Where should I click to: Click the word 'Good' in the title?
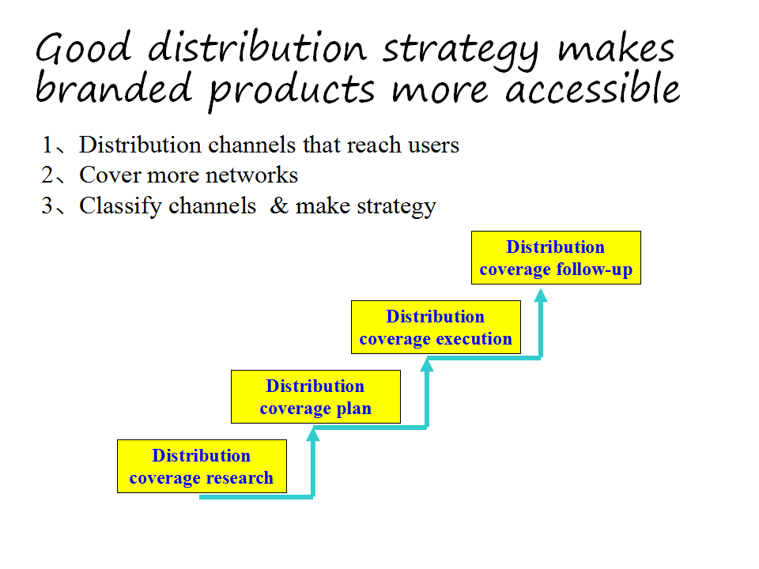(83, 47)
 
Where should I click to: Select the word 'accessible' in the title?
(592, 88)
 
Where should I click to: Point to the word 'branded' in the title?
(114, 88)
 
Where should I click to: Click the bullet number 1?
(47, 145)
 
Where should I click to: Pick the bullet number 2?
(47, 175)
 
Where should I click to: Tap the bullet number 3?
(47, 205)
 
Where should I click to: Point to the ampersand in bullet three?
(279, 205)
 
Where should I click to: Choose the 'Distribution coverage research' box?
(202, 466)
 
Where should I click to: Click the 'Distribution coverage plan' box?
(315, 397)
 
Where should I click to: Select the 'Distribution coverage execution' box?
(436, 327)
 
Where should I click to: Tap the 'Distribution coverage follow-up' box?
(556, 258)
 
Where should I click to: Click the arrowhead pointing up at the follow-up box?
(541, 295)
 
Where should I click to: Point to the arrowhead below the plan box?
(313, 435)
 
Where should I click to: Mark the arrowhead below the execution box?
(427, 365)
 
